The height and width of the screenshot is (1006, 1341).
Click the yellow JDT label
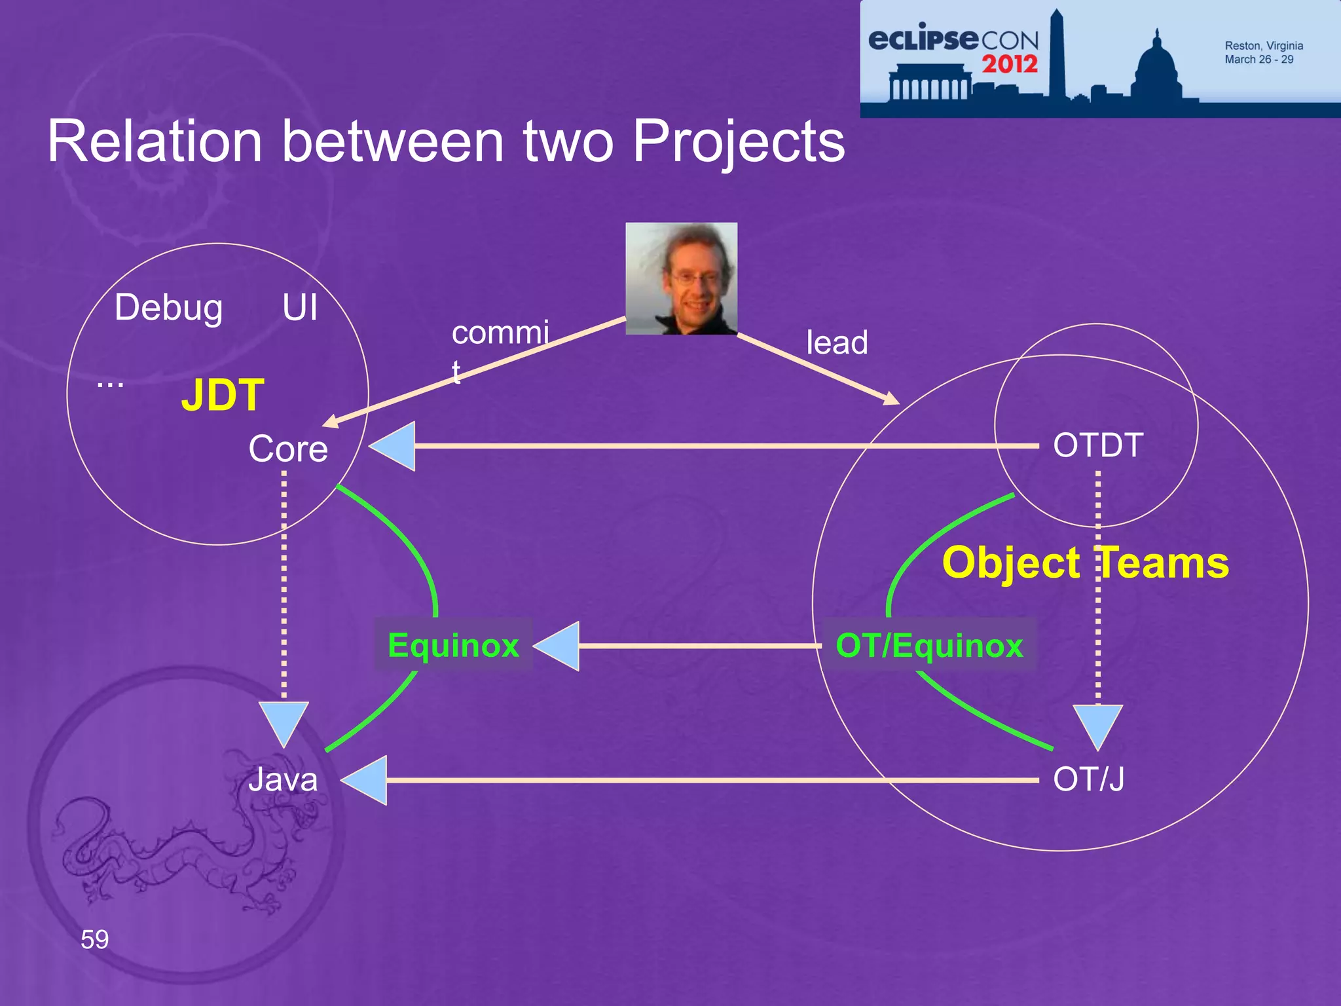[223, 395]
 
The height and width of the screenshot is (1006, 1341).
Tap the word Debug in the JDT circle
[168, 308]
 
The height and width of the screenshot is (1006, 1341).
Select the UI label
[300, 307]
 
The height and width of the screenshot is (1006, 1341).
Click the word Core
[288, 449]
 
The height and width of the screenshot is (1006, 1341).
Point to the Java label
[283, 779]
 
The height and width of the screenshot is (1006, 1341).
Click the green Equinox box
[453, 645]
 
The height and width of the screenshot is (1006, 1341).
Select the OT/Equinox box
[928, 645]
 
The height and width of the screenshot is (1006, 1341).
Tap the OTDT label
[1098, 445]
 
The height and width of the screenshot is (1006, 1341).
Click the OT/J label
[1088, 779]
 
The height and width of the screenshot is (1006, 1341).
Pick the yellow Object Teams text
[1085, 563]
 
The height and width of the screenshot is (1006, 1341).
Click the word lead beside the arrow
[837, 343]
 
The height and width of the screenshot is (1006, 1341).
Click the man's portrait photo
[681, 278]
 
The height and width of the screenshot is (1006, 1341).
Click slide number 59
[94, 940]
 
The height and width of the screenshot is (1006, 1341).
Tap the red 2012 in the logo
[1009, 64]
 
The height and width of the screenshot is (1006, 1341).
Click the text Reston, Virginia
[1263, 46]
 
